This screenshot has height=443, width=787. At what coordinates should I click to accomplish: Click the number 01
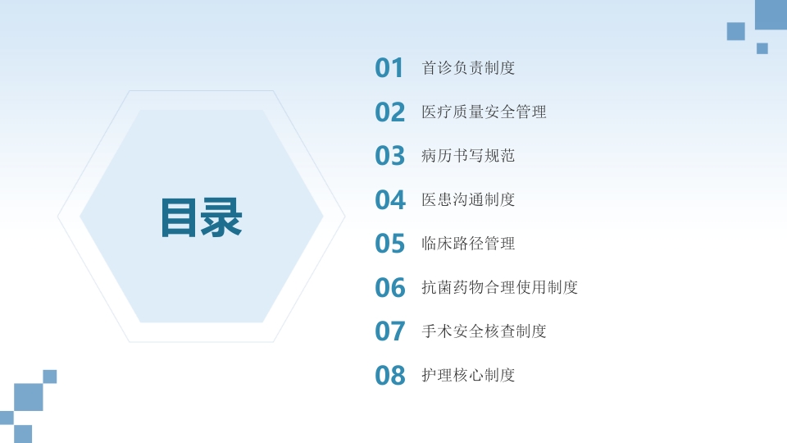389,68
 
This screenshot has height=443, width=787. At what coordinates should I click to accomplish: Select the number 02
390,112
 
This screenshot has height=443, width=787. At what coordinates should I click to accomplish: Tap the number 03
390,156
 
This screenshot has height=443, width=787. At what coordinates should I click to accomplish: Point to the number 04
390,200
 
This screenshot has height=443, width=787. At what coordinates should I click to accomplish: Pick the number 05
390,244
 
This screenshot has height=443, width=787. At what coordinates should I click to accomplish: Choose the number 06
390,288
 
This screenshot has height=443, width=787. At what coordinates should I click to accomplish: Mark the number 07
390,331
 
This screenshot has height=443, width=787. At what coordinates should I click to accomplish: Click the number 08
390,376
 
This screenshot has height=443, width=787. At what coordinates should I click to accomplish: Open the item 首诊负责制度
468,68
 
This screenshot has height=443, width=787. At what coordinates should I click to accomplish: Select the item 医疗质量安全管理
484,112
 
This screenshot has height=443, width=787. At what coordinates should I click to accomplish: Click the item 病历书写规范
468,156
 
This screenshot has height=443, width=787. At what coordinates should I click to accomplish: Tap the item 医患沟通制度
468,199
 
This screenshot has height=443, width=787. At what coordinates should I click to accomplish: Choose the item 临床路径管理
468,244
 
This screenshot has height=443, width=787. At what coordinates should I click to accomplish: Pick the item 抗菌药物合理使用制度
499,287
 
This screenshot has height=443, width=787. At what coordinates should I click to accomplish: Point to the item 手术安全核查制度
484,331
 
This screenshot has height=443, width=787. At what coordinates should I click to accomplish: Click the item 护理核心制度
468,375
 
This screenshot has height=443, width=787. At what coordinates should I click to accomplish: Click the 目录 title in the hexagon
201,217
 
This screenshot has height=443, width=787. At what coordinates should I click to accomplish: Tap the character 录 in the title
222,217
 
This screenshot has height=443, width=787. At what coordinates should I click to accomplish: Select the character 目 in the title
180,217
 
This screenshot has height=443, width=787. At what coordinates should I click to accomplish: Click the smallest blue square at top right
762,48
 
